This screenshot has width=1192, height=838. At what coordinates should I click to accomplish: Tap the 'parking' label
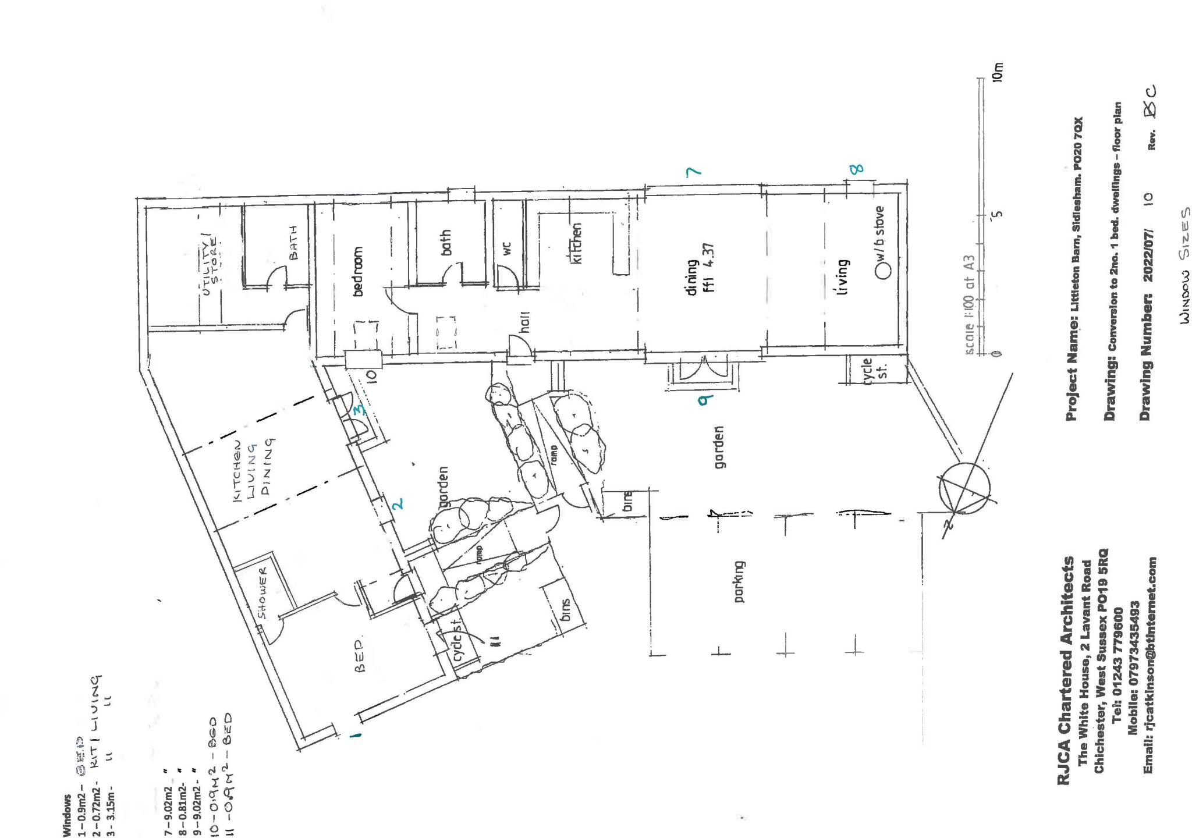click(739, 581)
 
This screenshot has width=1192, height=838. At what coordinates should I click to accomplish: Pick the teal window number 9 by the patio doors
click(706, 399)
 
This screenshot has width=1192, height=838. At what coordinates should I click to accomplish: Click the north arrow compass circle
click(963, 488)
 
